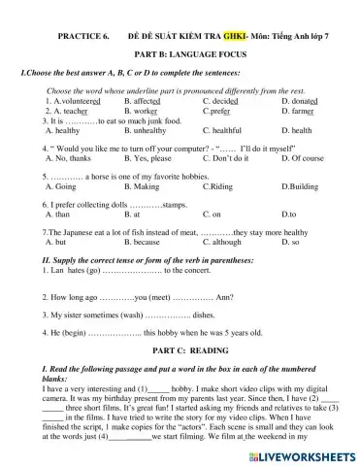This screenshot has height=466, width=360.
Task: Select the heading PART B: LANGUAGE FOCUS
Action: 180,57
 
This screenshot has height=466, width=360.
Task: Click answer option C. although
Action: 228,241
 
